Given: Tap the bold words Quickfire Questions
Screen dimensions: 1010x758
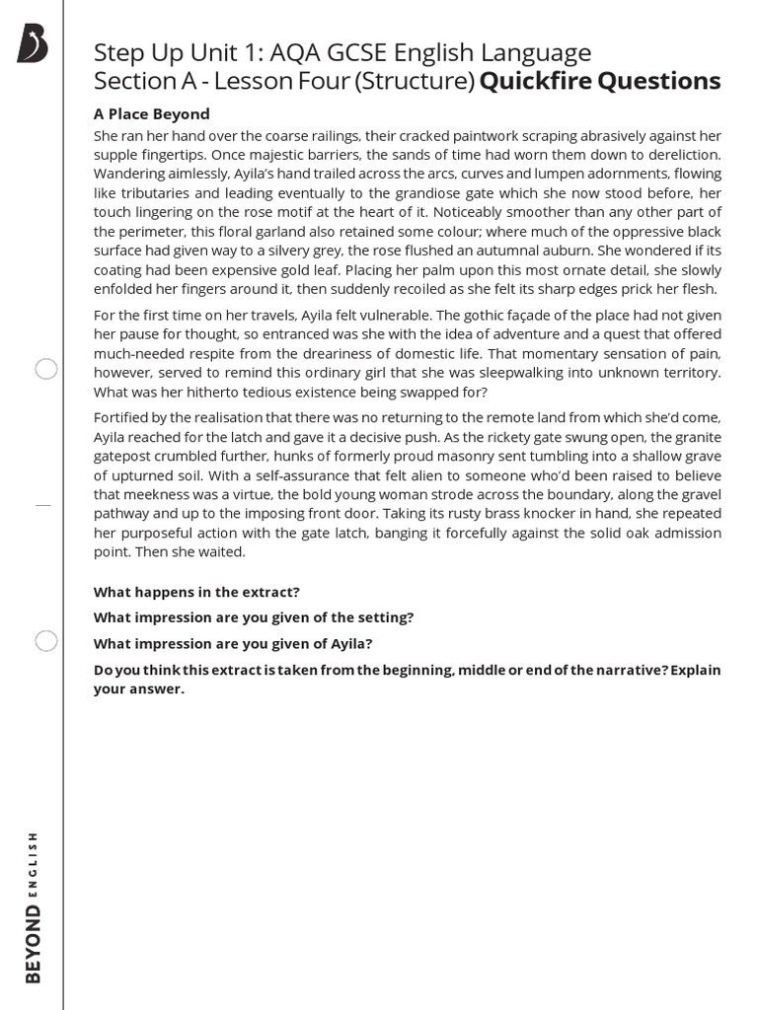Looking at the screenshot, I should pyautogui.click(x=600, y=81).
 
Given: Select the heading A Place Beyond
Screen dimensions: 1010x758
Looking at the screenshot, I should pyautogui.click(x=151, y=113).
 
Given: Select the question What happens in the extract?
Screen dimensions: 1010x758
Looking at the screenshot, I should pyautogui.click(x=196, y=592).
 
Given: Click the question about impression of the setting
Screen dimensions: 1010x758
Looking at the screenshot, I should pyautogui.click(x=254, y=617).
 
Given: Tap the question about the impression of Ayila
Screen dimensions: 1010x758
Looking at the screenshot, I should pyautogui.click(x=233, y=643).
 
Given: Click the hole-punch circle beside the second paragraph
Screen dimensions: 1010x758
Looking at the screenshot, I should pyautogui.click(x=46, y=370).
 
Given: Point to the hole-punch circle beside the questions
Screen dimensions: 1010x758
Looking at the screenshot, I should pyautogui.click(x=46, y=641).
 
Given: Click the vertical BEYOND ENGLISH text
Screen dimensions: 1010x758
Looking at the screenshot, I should pyautogui.click(x=35, y=906).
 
